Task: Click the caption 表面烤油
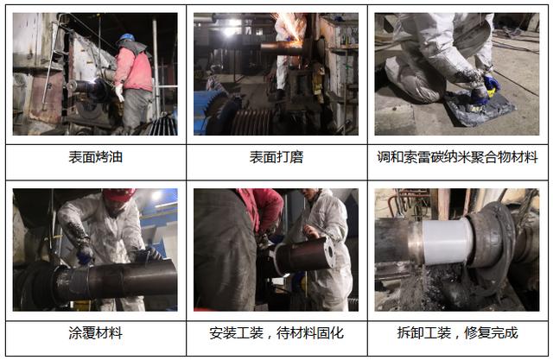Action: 96,157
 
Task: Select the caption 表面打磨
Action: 276,157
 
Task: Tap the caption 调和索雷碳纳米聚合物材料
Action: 457,157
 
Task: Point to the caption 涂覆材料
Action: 96,333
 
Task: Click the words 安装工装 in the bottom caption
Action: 236,333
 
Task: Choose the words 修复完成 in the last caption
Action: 491,333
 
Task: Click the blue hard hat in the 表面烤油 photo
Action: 127,37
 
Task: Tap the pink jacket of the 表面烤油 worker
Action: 134,69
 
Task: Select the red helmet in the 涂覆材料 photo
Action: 119,194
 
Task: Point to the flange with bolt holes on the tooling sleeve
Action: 328,252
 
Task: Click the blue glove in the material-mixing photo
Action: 492,83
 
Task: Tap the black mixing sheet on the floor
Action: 479,107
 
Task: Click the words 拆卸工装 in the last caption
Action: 424,333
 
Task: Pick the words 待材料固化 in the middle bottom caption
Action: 310,333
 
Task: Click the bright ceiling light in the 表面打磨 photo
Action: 231,31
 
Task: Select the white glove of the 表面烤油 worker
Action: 119,92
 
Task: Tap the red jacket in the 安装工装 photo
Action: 261,208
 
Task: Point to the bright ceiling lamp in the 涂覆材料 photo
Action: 156,195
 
